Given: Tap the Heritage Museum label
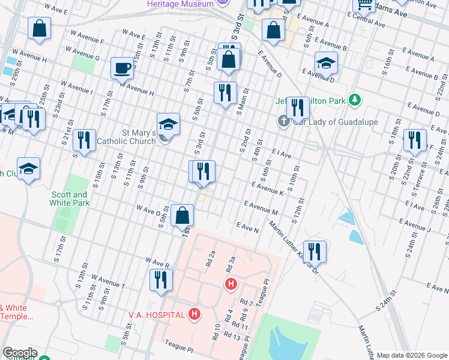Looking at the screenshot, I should [x=180, y=4].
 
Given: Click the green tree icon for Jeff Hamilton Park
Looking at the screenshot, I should [x=355, y=100].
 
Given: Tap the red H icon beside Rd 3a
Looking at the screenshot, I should [x=230, y=283].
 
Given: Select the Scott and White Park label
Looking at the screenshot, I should [x=70, y=199].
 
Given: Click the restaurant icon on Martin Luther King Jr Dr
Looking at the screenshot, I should [x=315, y=251].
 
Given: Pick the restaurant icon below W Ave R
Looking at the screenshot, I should [x=161, y=280].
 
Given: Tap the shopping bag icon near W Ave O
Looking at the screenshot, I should [x=182, y=214].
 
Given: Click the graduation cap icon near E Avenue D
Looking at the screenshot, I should [x=326, y=62].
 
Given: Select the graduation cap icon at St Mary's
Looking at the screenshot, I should [x=169, y=124].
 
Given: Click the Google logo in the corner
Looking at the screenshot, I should [x=19, y=353].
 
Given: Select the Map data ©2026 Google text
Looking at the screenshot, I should [x=411, y=355].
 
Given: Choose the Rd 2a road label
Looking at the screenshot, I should [x=210, y=258].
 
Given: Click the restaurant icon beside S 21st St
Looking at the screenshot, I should [x=84, y=141].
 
